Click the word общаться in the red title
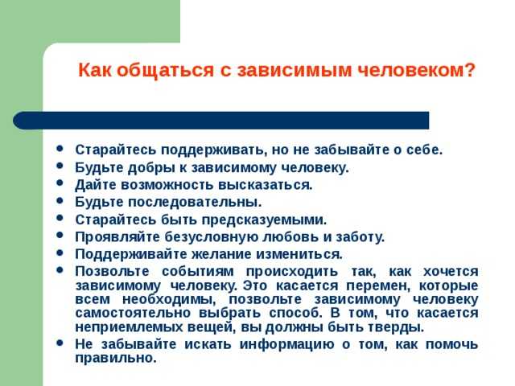166,70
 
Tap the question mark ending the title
470,69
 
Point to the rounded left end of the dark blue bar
17,120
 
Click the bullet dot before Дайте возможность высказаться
60,183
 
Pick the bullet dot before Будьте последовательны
60,200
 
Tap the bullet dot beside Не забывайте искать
60,343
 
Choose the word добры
151,168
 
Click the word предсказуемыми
264,220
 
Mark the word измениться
299,254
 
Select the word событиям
198,272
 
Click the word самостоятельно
133,313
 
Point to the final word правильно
116,358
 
